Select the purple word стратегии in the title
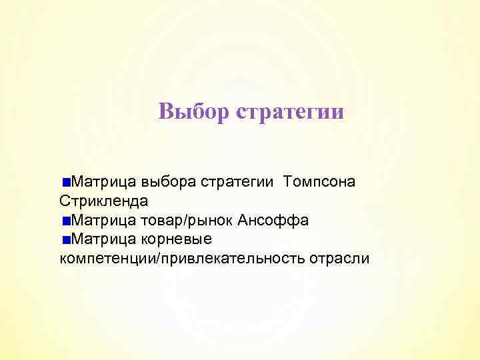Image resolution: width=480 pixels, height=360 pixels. [290, 111]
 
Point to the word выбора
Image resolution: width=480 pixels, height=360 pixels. [167, 181]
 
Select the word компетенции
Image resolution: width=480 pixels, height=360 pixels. [107, 258]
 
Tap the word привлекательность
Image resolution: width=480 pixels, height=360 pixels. [231, 258]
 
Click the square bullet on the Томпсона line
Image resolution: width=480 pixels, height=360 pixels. [65, 182]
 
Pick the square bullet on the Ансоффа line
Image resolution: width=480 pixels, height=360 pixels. [65, 221]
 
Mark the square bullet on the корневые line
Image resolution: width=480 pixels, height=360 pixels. [65, 239]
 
